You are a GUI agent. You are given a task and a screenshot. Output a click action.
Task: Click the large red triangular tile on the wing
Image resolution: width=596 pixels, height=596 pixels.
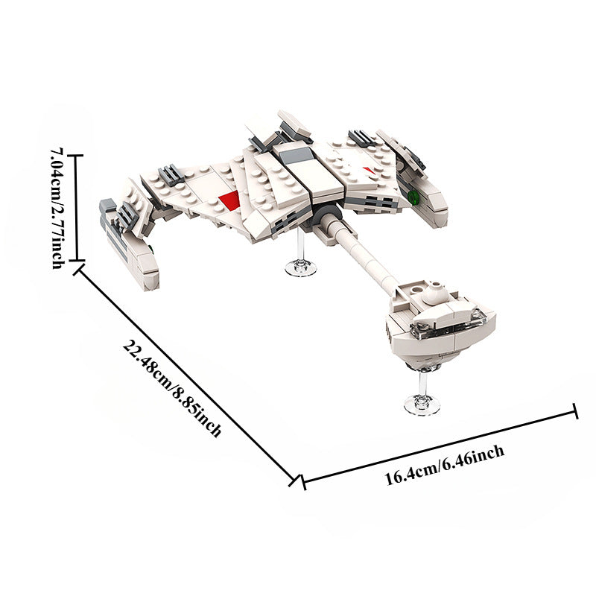[230, 199]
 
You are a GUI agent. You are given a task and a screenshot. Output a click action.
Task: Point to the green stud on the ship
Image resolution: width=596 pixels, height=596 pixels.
[413, 197]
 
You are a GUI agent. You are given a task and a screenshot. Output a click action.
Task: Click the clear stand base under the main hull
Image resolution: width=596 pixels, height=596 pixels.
[301, 267]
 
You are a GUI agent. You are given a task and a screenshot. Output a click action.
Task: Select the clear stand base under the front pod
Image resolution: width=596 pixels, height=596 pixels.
[422, 405]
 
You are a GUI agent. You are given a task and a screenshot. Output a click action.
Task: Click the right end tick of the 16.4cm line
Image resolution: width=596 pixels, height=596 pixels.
[575, 410]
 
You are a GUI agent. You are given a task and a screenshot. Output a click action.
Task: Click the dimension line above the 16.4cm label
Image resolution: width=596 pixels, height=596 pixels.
[440, 446]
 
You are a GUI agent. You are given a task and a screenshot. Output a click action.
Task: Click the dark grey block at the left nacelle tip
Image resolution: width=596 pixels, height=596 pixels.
[107, 204]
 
